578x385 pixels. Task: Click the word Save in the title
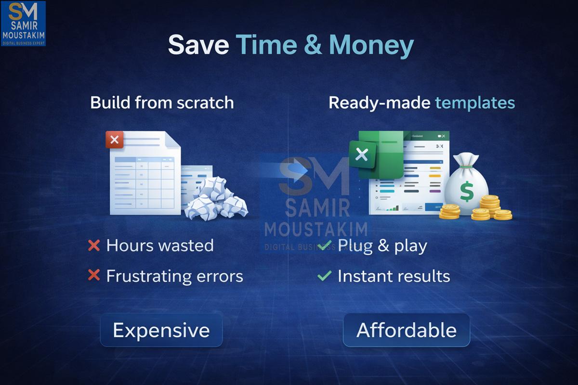point(198,45)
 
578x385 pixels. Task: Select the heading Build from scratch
point(162,103)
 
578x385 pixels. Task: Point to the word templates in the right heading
point(475,103)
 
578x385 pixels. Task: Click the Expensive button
point(161,330)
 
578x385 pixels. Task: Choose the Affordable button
point(407,330)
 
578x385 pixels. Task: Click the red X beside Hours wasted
point(94,246)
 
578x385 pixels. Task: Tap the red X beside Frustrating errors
point(94,275)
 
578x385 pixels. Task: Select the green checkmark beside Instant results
point(325,276)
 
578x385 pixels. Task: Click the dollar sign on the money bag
point(466,192)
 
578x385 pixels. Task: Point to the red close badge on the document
point(115,140)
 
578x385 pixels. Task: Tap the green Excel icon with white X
point(361,155)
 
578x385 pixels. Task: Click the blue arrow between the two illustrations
point(294,171)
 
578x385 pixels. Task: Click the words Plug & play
point(382,246)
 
